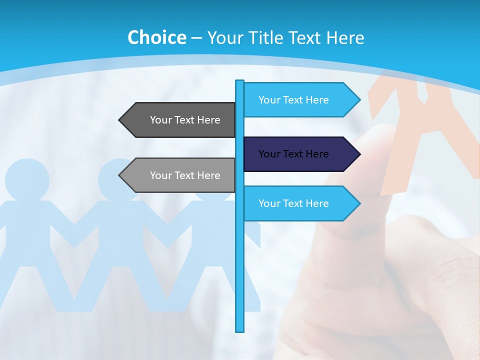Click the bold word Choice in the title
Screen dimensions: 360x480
tap(156, 37)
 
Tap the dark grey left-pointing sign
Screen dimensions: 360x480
tap(180, 120)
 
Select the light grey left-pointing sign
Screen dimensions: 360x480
tap(180, 175)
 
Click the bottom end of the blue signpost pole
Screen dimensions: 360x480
tap(240, 329)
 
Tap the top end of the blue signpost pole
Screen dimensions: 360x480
tap(240, 82)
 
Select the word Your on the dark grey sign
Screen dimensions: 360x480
tap(161, 120)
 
